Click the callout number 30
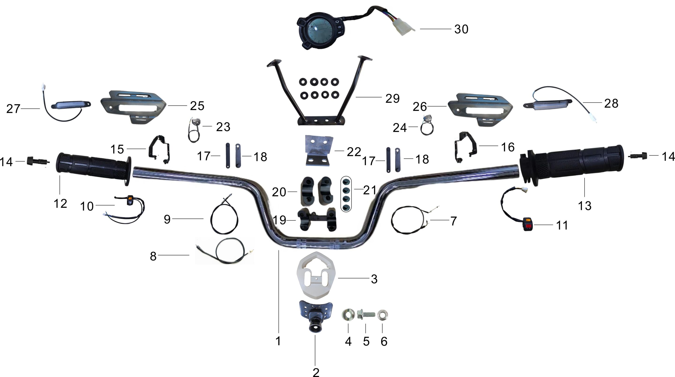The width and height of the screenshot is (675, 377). click(461, 29)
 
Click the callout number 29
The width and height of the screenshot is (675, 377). click(392, 98)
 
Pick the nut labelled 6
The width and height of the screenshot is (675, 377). click(382, 315)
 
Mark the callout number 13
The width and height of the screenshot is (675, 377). click(585, 206)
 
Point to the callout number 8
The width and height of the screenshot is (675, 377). click(153, 256)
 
